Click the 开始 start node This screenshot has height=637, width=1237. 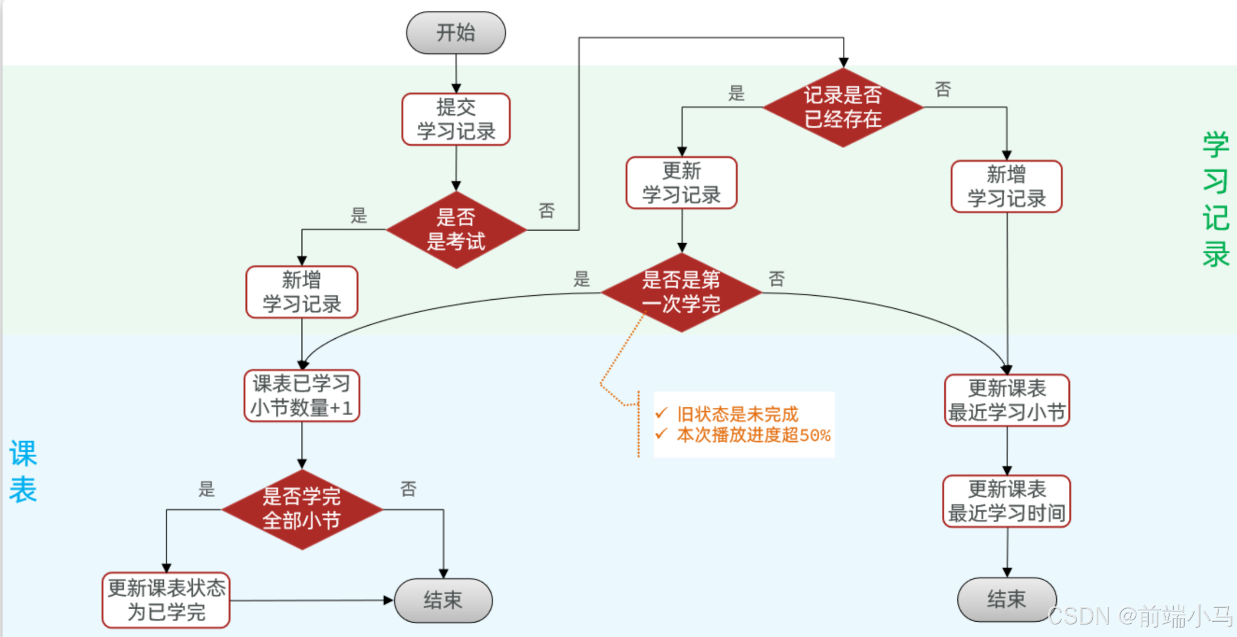point(456,33)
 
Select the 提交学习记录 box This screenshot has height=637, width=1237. point(456,119)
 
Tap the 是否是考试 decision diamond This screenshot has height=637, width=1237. point(456,230)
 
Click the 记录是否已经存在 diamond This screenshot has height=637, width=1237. point(842,107)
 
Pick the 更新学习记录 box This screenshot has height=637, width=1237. point(681,183)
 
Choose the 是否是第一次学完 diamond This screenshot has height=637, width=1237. point(681,293)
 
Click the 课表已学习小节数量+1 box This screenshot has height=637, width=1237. point(301,395)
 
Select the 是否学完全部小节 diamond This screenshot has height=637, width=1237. point(301,509)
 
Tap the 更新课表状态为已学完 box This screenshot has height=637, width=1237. point(166,600)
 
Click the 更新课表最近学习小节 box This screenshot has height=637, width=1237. point(1007,400)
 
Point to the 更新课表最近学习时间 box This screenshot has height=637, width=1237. point(1007,501)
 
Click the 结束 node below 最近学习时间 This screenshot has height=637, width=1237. point(1006,599)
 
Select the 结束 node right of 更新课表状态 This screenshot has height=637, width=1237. point(443,601)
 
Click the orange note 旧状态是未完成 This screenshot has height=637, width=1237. point(737,415)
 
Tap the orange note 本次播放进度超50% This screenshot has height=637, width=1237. point(753,435)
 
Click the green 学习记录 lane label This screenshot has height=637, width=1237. point(1215,199)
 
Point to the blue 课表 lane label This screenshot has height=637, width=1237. point(23,471)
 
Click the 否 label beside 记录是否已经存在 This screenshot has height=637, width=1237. point(943,89)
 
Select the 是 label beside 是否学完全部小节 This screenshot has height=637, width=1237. point(206,488)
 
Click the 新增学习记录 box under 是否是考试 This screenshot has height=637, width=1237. point(301,292)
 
